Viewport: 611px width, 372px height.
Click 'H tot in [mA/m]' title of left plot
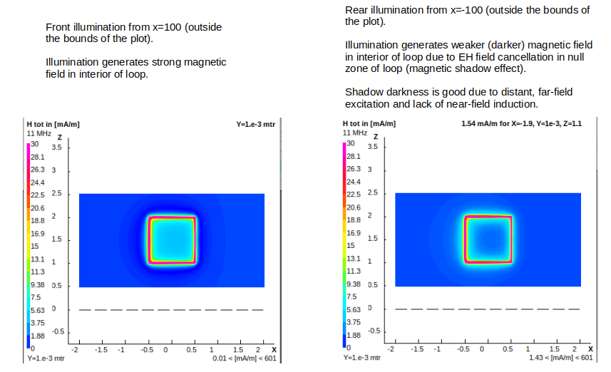[53, 124]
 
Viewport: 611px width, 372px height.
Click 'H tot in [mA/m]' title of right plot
[369, 124]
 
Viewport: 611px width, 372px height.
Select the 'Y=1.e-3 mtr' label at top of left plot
[255, 124]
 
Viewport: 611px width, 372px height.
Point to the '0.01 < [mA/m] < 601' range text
[244, 358]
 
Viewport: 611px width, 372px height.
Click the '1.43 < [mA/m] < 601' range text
[560, 358]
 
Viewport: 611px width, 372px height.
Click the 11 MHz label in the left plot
[38, 133]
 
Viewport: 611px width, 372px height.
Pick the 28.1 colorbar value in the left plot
[37, 157]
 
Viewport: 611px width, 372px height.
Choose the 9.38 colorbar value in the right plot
[354, 284]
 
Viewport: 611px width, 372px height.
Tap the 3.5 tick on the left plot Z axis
[57, 147]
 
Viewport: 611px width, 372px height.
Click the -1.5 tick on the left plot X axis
[101, 350]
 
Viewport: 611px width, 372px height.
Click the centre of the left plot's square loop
[171, 240]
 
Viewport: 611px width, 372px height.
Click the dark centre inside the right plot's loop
[488, 238]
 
